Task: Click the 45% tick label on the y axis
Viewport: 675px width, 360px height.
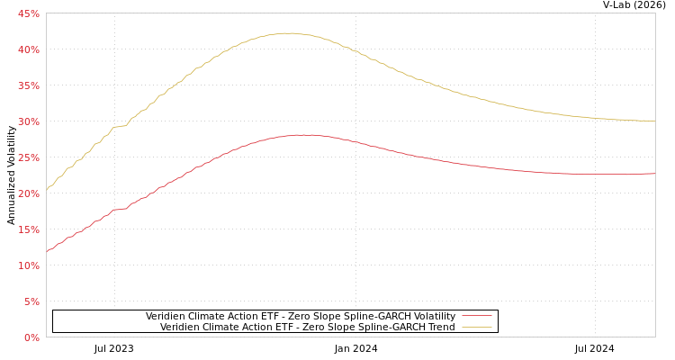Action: [x=29, y=13]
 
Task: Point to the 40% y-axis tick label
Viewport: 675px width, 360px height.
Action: [x=29, y=49]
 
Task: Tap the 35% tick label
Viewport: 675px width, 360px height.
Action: [x=29, y=85]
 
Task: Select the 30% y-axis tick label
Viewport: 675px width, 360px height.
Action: [x=29, y=121]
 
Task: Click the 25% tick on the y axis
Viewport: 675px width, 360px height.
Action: [x=29, y=157]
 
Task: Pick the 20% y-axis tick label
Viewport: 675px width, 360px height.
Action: [x=29, y=193]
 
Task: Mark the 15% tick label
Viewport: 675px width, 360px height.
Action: [x=29, y=229]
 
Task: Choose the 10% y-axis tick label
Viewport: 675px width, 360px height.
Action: [x=29, y=265]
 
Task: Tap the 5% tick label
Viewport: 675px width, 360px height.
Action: [x=31, y=301]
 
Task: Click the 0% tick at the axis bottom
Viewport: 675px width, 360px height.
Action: [x=31, y=337]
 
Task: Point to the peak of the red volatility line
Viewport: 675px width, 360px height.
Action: [x=304, y=135]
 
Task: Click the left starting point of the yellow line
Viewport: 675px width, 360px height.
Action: [x=47, y=189]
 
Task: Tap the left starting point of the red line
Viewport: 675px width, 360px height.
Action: [x=47, y=252]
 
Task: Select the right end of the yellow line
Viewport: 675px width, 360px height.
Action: [x=654, y=121]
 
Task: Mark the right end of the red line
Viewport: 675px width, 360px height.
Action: [x=654, y=174]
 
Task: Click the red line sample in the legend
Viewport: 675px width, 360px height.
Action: [x=476, y=316]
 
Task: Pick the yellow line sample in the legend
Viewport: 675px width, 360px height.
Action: [x=476, y=327]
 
